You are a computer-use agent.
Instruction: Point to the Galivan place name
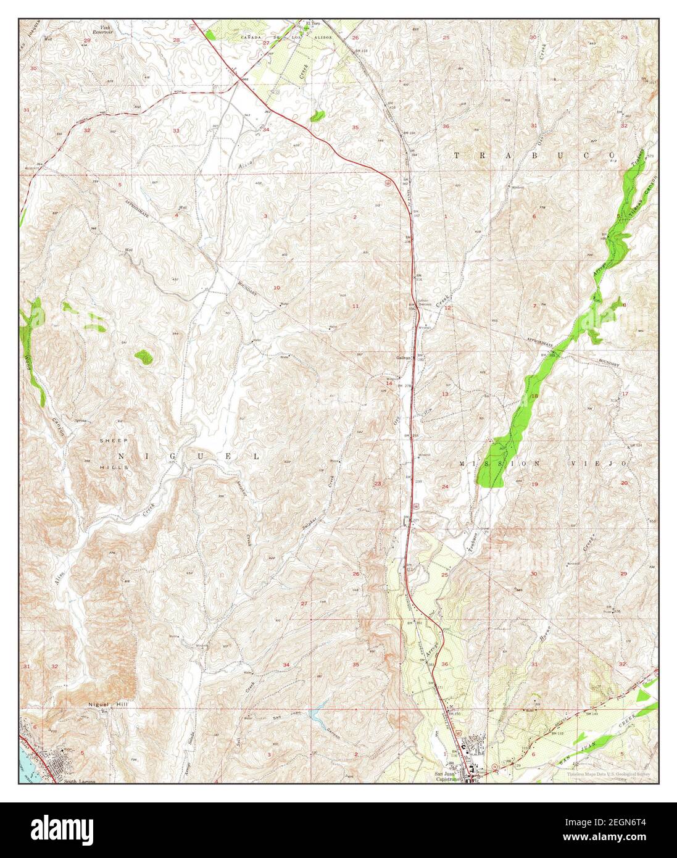(404, 357)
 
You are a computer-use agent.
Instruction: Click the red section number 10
(276, 288)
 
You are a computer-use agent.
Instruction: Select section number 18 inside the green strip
(534, 396)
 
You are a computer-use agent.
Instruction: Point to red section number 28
(176, 41)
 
